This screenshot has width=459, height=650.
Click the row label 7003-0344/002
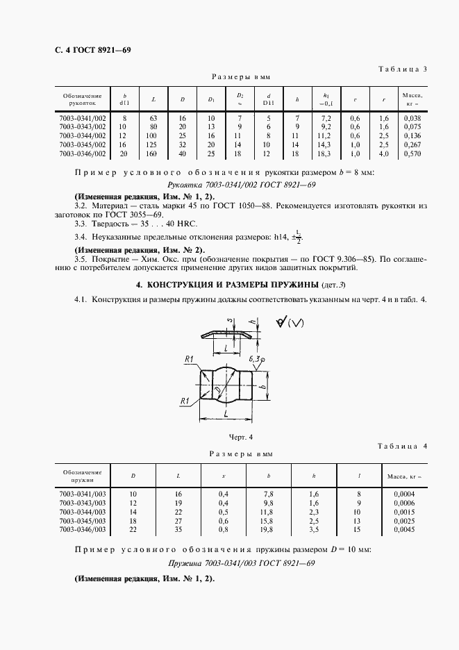(82, 136)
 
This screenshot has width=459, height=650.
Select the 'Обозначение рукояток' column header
(82, 99)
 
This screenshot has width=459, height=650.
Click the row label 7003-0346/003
(82, 528)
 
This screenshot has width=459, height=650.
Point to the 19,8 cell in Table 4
(269, 528)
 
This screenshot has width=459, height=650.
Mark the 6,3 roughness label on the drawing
(258, 358)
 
